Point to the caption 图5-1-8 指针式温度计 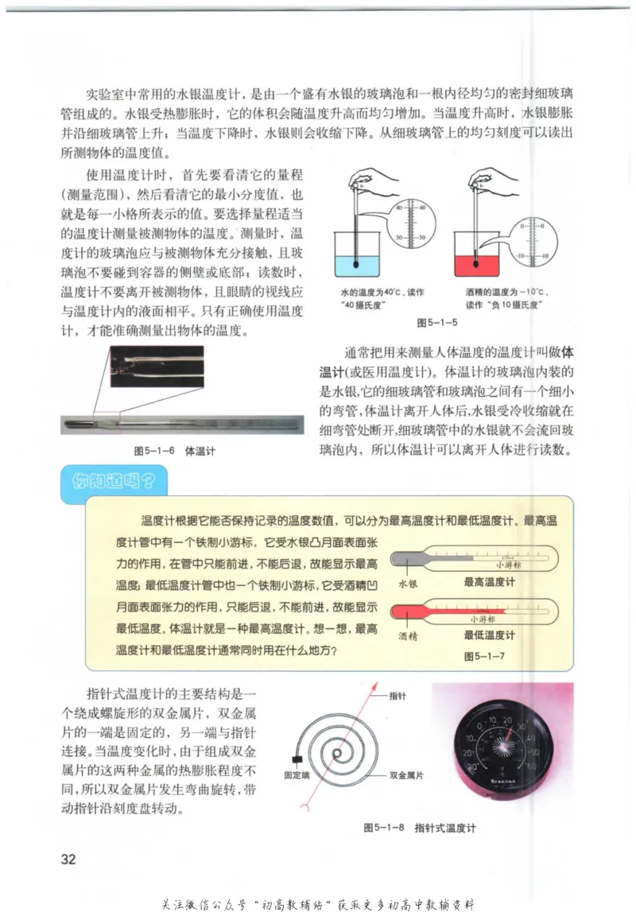pos(419,827)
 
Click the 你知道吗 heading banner pos(112,480)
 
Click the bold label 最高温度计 pos(489,581)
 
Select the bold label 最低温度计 pos(489,635)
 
